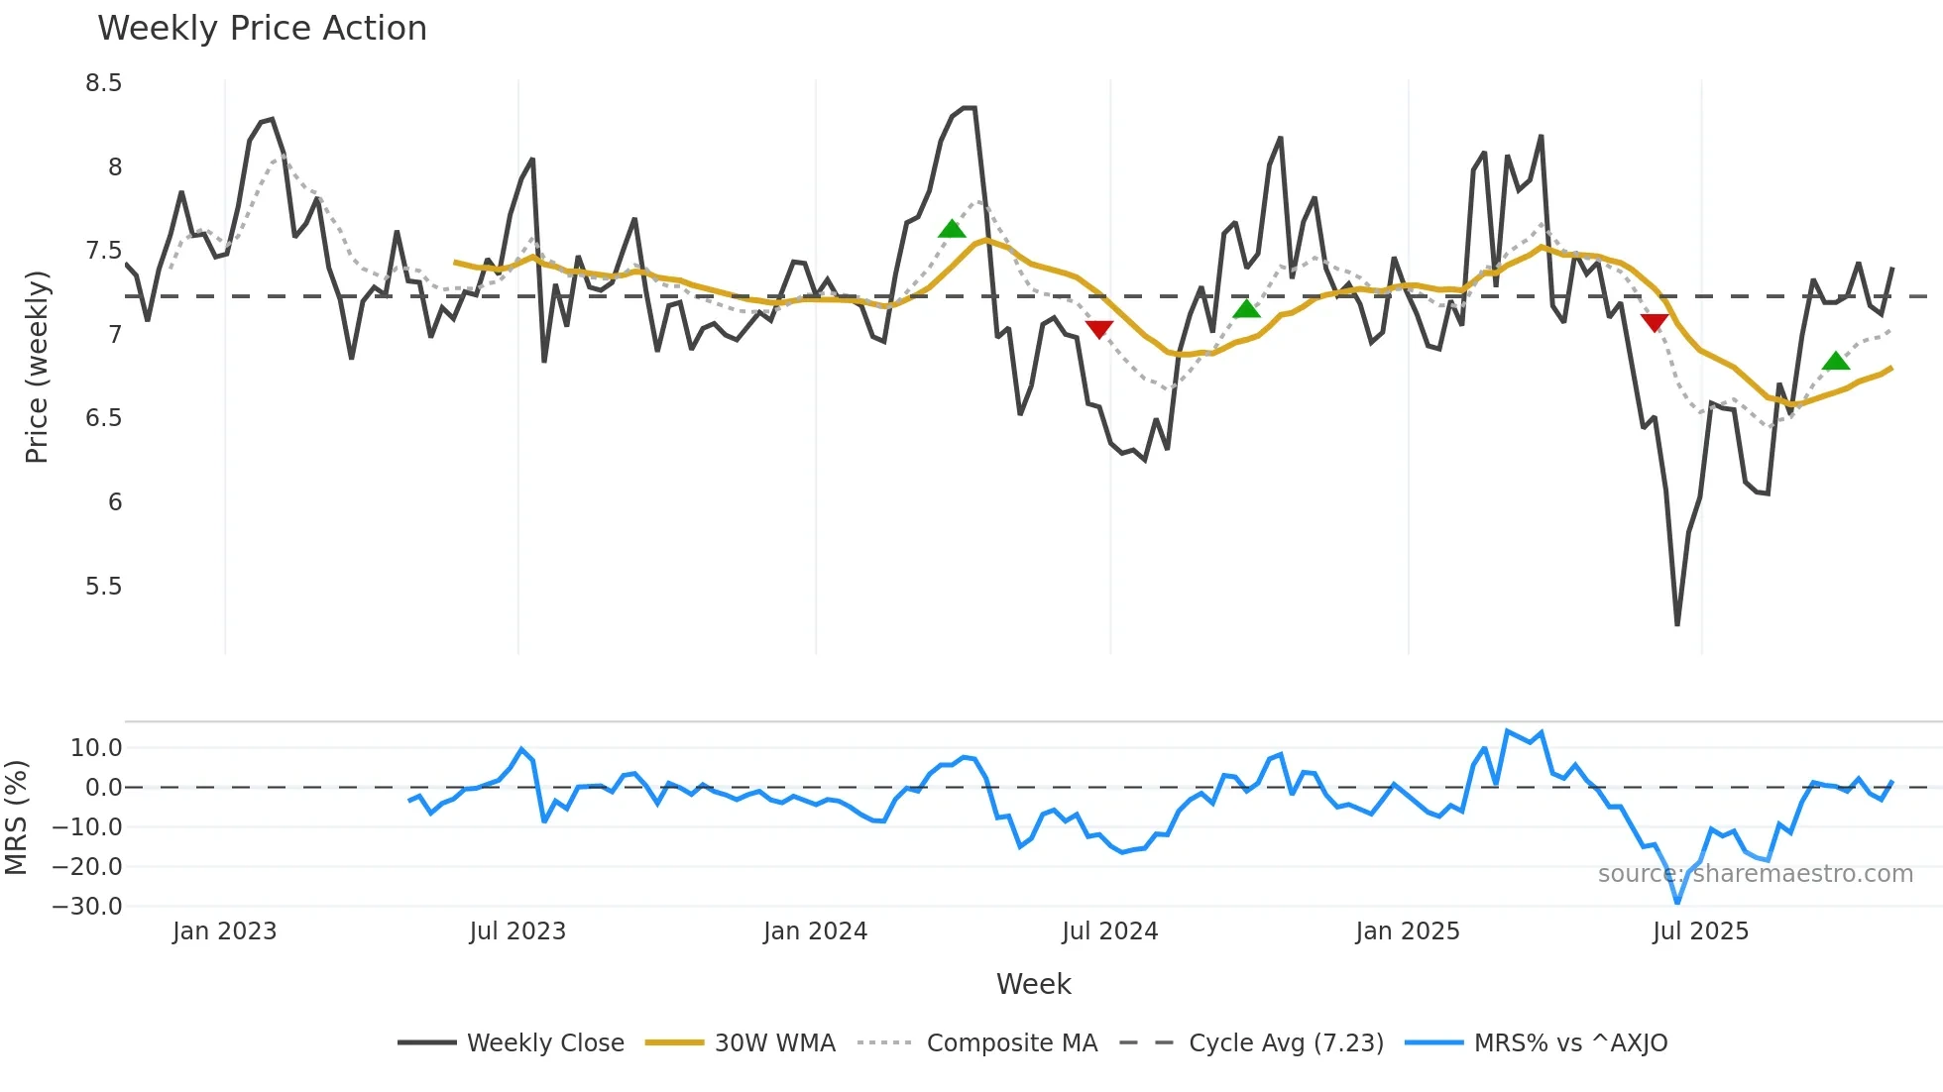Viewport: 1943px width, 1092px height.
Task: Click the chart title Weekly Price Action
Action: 262,29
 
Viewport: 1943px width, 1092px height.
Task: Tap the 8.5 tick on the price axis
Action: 103,83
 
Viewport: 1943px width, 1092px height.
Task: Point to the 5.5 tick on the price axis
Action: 103,587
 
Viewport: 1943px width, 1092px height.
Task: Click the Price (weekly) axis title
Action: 37,367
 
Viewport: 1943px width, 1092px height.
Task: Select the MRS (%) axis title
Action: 16,818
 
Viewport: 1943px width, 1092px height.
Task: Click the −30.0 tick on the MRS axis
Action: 87,907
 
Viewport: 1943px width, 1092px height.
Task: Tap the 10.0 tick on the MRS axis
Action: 96,748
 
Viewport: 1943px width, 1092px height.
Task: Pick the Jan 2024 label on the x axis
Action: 815,931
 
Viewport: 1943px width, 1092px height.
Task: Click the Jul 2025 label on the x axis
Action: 1700,931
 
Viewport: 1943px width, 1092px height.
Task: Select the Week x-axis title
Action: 1033,984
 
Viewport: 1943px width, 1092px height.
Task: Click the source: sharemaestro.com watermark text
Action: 1755,874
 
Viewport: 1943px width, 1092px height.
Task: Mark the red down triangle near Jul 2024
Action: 1098,329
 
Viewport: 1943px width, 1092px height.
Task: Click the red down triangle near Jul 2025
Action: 1654,322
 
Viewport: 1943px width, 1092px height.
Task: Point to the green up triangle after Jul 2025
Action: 1836,361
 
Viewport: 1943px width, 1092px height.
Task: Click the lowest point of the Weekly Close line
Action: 1677,624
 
